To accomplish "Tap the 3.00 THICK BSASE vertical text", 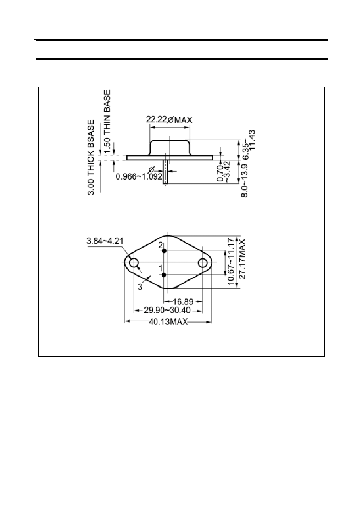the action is (x=91, y=157).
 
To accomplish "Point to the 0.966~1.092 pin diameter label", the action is (x=139, y=176).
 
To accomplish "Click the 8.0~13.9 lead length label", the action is (x=245, y=180).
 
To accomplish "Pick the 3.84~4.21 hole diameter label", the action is (x=105, y=241).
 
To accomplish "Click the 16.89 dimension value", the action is (x=183, y=302).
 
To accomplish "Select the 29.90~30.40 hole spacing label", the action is (x=167, y=310).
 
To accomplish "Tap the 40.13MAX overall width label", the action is (x=168, y=322).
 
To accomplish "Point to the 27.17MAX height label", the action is (x=242, y=259).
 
